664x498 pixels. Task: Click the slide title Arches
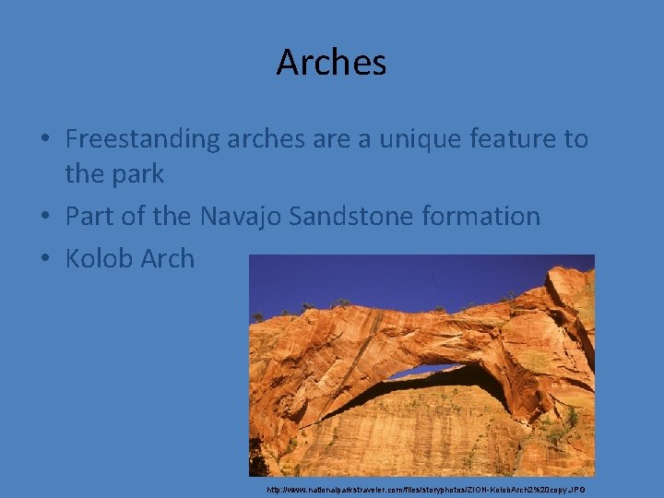[331, 63]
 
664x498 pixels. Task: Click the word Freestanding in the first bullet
[141, 139]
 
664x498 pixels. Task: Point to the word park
[135, 173]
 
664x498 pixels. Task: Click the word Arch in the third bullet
[168, 259]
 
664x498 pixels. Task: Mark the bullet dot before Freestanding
[44, 140]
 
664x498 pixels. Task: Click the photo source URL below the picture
[425, 490]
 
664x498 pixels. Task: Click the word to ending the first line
[575, 139]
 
